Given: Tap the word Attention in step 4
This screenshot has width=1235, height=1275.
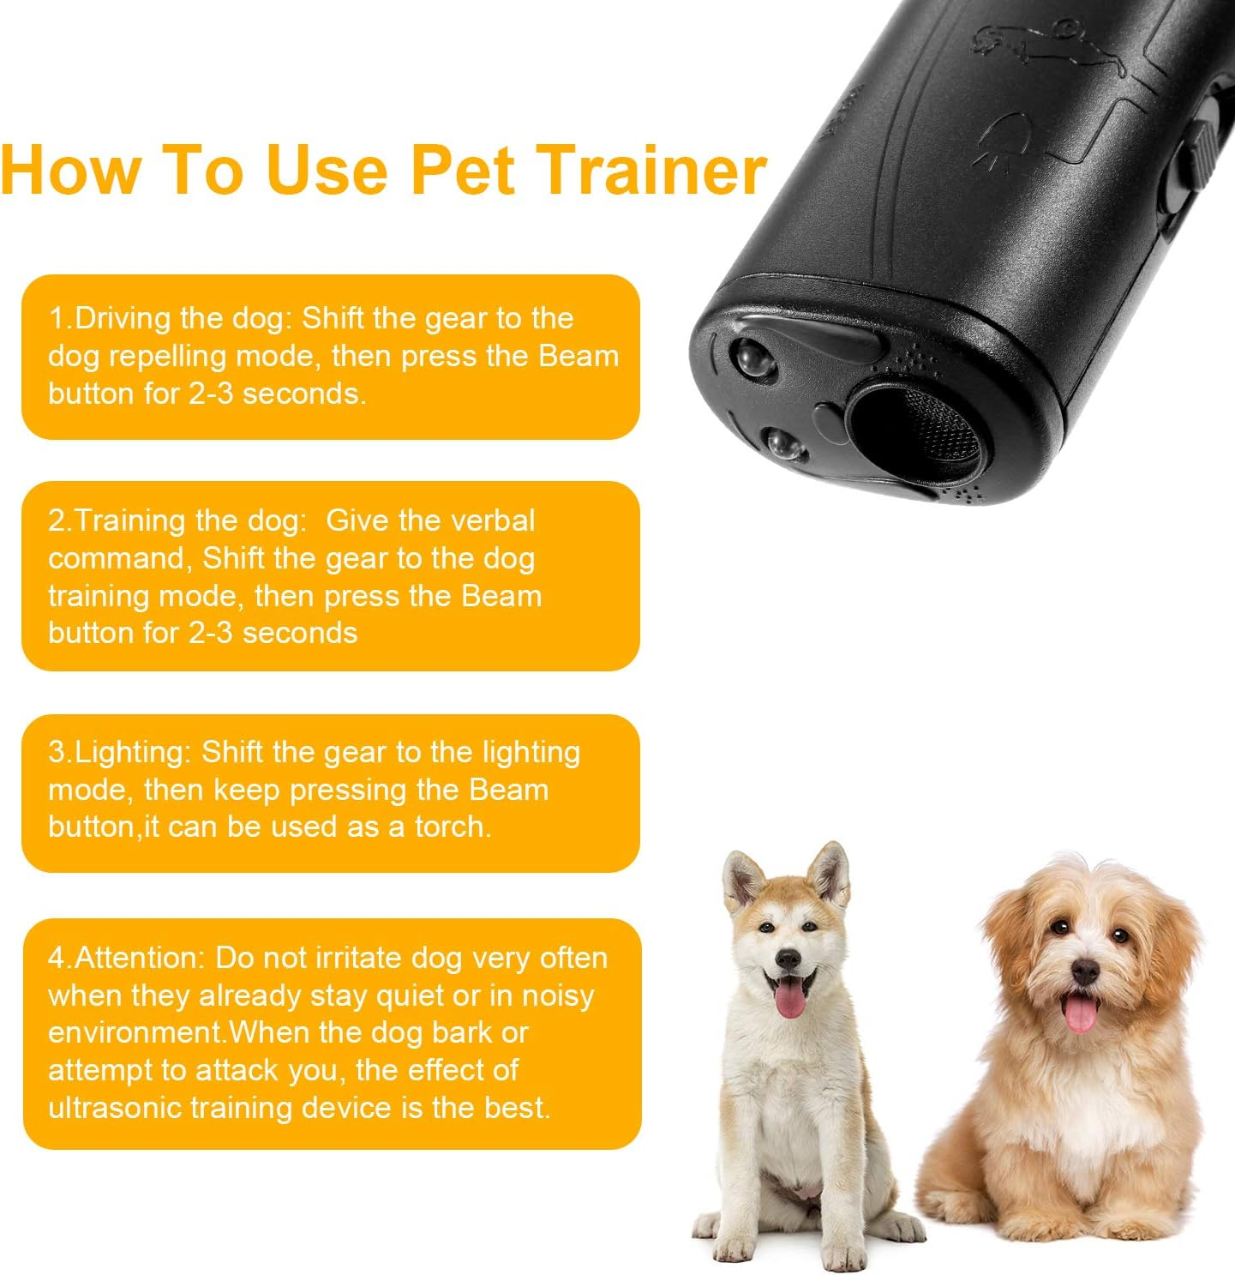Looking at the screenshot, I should coord(137,958).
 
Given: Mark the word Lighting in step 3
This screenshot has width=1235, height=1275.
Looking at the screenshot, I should coord(133,752).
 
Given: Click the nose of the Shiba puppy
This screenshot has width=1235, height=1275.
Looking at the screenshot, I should coord(788,959).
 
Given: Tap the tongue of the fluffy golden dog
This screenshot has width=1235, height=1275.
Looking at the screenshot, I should coord(1079,1014).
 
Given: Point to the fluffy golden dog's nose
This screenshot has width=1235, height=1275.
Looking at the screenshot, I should coord(1085,971).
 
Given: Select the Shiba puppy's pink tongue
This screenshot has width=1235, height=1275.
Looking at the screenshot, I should coord(789,1000).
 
